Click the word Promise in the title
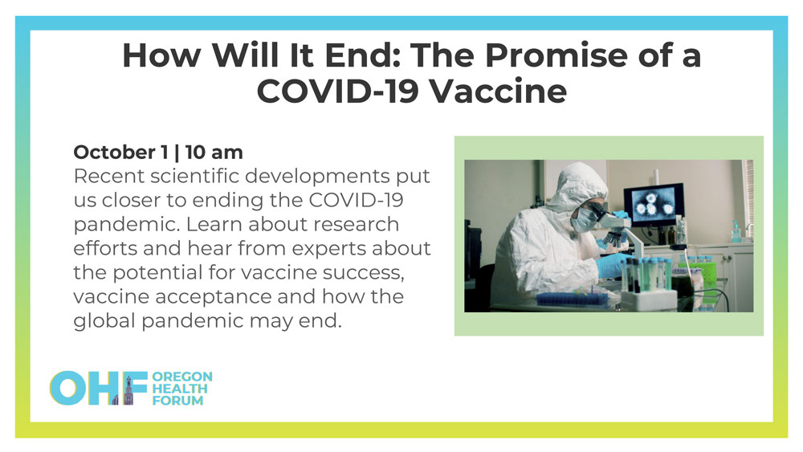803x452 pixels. (556, 55)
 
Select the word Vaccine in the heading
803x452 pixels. (497, 92)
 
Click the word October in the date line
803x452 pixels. (114, 152)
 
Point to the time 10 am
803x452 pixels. (214, 152)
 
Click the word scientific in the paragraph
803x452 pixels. (198, 176)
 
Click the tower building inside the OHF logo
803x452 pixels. (128, 390)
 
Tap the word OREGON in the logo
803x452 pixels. (182, 377)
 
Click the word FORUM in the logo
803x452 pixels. (177, 401)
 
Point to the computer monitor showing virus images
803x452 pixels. (654, 204)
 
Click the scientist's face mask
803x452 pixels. (584, 221)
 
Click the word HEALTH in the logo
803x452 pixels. (180, 389)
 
